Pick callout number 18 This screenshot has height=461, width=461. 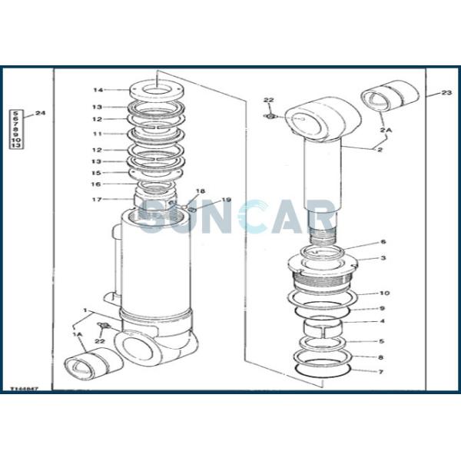pyautogui.click(x=201, y=191)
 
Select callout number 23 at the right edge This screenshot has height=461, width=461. pyautogui.click(x=446, y=93)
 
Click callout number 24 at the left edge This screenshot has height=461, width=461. pyautogui.click(x=41, y=114)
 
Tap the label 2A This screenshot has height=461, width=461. pyautogui.click(x=385, y=131)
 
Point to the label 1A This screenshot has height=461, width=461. pyautogui.click(x=78, y=335)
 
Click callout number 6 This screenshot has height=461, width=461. pyautogui.click(x=383, y=242)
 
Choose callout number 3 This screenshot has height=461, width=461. pyautogui.click(x=383, y=258)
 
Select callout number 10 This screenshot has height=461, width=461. pyautogui.click(x=385, y=293)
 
